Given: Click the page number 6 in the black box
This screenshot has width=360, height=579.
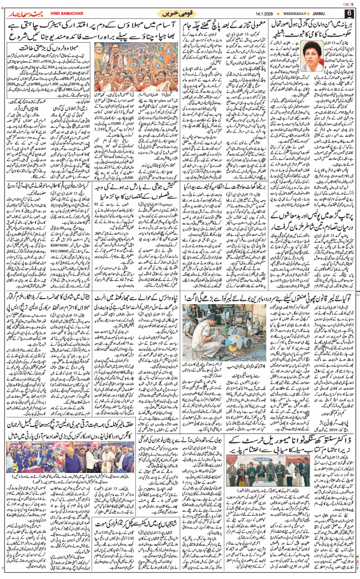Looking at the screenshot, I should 349,13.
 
